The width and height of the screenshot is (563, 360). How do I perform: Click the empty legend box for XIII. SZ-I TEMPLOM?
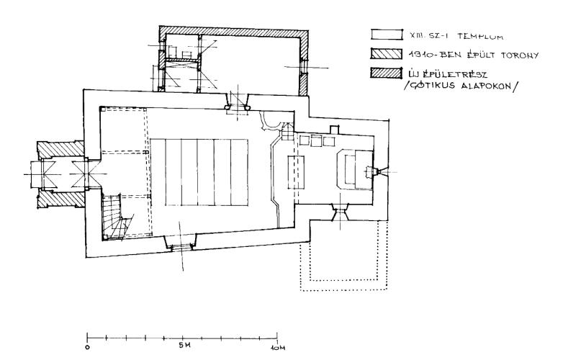tap(387, 35)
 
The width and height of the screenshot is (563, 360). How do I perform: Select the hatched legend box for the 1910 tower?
tap(387, 53)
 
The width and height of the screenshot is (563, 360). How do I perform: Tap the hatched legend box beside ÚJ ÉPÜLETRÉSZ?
tap(387, 73)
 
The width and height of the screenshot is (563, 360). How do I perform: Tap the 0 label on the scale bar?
tap(88, 348)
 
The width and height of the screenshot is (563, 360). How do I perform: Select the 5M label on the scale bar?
tap(185, 346)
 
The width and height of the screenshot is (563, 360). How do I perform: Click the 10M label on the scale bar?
tap(278, 348)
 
